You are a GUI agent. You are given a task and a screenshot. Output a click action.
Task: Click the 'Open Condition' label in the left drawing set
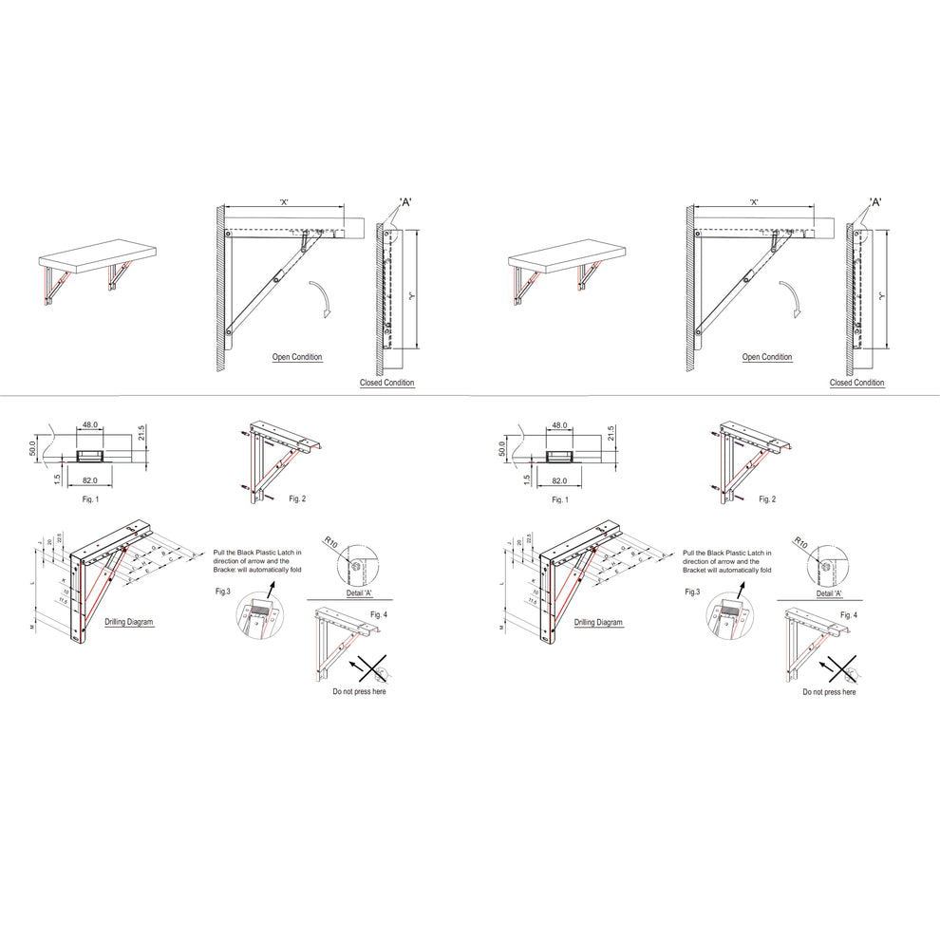(x=297, y=357)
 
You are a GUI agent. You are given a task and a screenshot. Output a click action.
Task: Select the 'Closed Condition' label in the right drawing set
(x=856, y=383)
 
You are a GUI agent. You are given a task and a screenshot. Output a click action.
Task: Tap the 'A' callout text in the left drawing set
(x=405, y=201)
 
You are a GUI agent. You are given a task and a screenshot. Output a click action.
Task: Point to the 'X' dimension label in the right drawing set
(x=753, y=202)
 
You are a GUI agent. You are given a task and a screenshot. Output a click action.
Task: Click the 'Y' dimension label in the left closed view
(x=410, y=295)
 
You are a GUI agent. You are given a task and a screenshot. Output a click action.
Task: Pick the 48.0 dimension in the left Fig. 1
(x=91, y=425)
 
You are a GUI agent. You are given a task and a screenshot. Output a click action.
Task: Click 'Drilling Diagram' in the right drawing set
(x=598, y=622)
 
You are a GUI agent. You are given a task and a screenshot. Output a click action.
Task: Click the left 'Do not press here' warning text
(x=359, y=691)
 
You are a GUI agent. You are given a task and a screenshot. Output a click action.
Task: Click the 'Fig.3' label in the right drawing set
(x=694, y=592)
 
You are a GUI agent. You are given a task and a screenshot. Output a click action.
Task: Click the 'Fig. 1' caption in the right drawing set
(x=560, y=498)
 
